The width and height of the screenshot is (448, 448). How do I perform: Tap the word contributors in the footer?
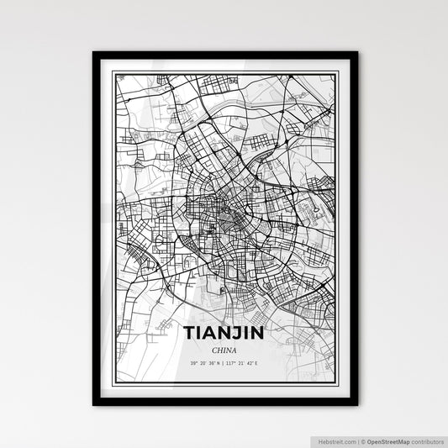428,440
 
